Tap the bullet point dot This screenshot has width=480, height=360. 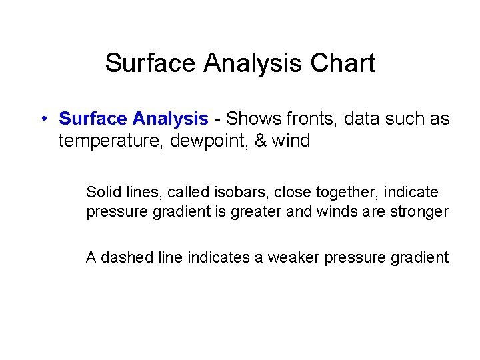42,119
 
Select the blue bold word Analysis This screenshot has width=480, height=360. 171,119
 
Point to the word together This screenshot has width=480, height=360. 333,193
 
